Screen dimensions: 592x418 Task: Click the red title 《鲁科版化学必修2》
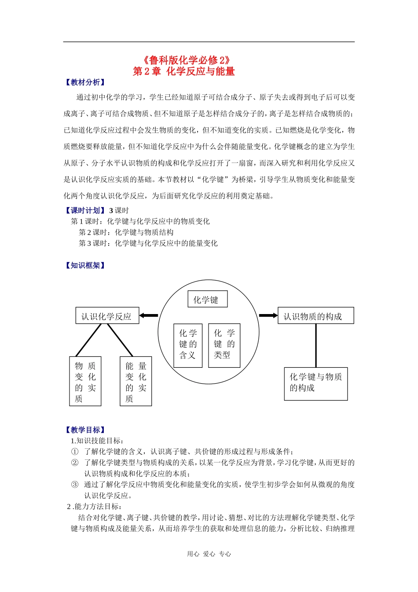(x=187, y=60)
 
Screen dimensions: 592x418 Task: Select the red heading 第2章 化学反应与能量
(x=184, y=71)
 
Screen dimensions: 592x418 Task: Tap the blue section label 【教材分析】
(x=85, y=82)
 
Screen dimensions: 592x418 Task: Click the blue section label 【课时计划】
(x=85, y=211)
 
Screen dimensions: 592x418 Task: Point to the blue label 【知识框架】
(x=85, y=266)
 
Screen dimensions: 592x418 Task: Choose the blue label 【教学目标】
(x=85, y=430)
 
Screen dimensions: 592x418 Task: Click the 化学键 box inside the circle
(x=208, y=300)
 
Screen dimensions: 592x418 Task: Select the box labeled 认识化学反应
(x=107, y=316)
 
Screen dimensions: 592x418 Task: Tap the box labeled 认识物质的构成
(x=315, y=316)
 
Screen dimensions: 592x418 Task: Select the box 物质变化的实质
(x=85, y=381)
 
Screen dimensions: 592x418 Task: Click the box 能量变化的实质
(x=136, y=381)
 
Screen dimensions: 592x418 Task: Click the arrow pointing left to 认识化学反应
(x=149, y=315)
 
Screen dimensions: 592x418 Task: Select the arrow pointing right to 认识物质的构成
(x=268, y=315)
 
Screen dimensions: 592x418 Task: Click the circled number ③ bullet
(x=75, y=485)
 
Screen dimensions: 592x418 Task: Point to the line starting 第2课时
(x=126, y=232)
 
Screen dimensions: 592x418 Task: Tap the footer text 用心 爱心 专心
(x=209, y=554)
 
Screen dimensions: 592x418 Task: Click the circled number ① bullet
(x=75, y=451)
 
